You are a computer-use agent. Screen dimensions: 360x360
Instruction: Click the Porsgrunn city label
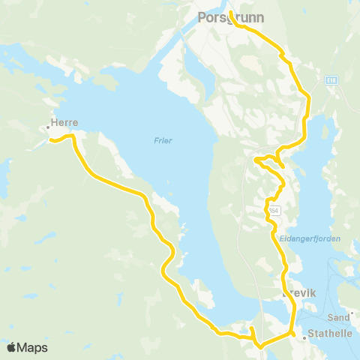(225, 16)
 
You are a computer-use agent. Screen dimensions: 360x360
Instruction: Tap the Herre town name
(64, 122)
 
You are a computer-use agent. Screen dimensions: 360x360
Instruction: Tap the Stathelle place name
(331, 338)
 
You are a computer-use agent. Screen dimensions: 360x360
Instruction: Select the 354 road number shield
(274, 212)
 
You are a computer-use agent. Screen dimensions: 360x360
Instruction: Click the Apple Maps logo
(27, 347)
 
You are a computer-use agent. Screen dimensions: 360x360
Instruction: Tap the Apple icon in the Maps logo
(12, 347)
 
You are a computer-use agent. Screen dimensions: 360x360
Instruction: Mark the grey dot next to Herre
(46, 128)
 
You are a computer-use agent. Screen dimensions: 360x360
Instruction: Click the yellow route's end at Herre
(50, 139)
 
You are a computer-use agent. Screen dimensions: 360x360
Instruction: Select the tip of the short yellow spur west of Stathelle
(251, 328)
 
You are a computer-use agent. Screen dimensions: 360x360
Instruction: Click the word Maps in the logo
(33, 347)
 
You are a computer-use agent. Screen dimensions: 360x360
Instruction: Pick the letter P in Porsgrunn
(201, 16)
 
